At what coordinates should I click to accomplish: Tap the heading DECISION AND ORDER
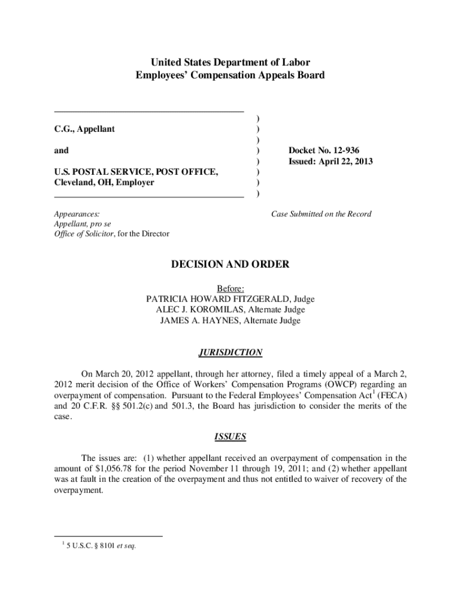coord(231,264)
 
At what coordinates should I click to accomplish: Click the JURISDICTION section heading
coord(230,352)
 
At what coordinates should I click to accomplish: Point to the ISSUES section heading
coord(230,436)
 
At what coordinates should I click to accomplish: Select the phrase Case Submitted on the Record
coord(321,214)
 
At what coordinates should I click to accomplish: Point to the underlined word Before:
coord(230,288)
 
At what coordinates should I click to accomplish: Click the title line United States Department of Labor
coord(230,62)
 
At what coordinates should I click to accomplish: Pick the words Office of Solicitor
coord(83,233)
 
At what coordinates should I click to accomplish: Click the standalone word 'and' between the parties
coord(61,150)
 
